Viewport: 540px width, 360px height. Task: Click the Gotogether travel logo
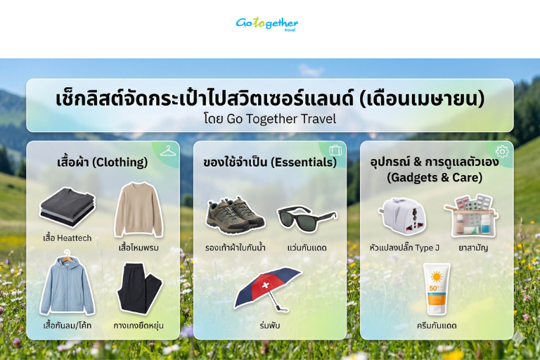click(266, 24)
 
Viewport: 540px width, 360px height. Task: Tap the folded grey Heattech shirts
click(67, 208)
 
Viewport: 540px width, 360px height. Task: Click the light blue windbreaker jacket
click(67, 287)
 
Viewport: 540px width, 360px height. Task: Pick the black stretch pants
click(139, 288)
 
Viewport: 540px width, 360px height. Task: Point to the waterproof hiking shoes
click(235, 214)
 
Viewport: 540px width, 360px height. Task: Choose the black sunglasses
click(307, 217)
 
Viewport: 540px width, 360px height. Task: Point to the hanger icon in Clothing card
click(167, 151)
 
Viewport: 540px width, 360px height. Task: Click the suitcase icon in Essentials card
click(335, 150)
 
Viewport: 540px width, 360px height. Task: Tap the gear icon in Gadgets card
click(501, 151)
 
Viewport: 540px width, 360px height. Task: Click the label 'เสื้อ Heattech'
click(67, 238)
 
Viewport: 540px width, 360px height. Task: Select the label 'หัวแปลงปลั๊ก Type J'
click(404, 247)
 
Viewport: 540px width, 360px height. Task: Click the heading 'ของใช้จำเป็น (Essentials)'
click(269, 162)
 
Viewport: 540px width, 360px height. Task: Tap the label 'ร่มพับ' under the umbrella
click(270, 326)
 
